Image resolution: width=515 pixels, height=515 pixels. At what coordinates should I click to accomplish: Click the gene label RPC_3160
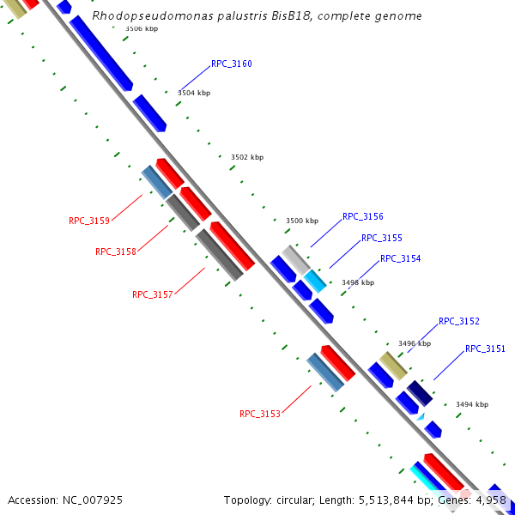point(231,64)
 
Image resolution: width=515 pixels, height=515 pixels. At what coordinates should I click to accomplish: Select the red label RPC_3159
point(89,221)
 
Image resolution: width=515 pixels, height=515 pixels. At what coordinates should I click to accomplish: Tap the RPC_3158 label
point(116,251)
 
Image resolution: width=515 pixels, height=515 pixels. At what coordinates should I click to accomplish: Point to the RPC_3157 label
point(153,294)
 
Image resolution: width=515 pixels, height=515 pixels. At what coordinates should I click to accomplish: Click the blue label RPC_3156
point(362,216)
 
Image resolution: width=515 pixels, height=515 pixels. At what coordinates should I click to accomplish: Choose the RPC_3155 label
point(382,238)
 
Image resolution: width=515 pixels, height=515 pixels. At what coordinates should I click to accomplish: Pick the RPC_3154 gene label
point(400,259)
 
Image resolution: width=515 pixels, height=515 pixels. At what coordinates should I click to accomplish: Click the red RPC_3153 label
point(260,414)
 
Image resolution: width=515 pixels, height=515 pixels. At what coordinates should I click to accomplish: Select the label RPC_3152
point(459,321)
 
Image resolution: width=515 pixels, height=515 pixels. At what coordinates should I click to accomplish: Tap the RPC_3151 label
point(485,348)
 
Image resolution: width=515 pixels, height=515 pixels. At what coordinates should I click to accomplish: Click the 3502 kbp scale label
point(247,157)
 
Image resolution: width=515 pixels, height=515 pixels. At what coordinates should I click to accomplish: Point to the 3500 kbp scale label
point(302,221)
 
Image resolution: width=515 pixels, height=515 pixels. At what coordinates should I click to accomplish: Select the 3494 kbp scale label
point(472,404)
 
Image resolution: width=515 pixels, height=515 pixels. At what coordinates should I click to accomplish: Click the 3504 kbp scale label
point(194,93)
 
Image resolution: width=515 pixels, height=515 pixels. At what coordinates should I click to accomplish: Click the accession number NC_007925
point(93,500)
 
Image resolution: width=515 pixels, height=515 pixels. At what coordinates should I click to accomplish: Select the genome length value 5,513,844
point(385,500)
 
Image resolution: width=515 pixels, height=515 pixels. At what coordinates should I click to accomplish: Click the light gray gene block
point(295,260)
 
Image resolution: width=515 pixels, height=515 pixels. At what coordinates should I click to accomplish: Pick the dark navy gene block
point(420,393)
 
